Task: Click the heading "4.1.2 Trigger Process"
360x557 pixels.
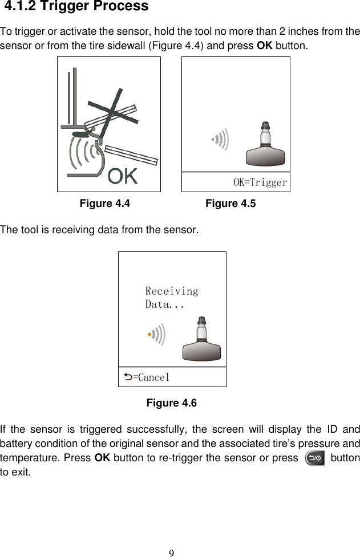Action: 76,7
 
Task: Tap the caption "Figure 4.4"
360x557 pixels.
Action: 104,204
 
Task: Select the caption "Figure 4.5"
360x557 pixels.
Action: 230,204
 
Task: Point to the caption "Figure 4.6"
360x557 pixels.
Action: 172,404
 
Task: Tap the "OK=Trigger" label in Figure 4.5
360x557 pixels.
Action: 260,182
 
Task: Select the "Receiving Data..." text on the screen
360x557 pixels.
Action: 171,298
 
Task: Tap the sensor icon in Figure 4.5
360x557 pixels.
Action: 265,145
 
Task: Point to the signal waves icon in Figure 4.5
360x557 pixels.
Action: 220,139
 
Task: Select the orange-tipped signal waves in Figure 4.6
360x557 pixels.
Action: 156,335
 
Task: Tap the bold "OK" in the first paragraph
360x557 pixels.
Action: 265,46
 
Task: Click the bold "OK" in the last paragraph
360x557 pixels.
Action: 103,458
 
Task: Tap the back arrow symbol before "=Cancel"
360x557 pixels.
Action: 127,377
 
